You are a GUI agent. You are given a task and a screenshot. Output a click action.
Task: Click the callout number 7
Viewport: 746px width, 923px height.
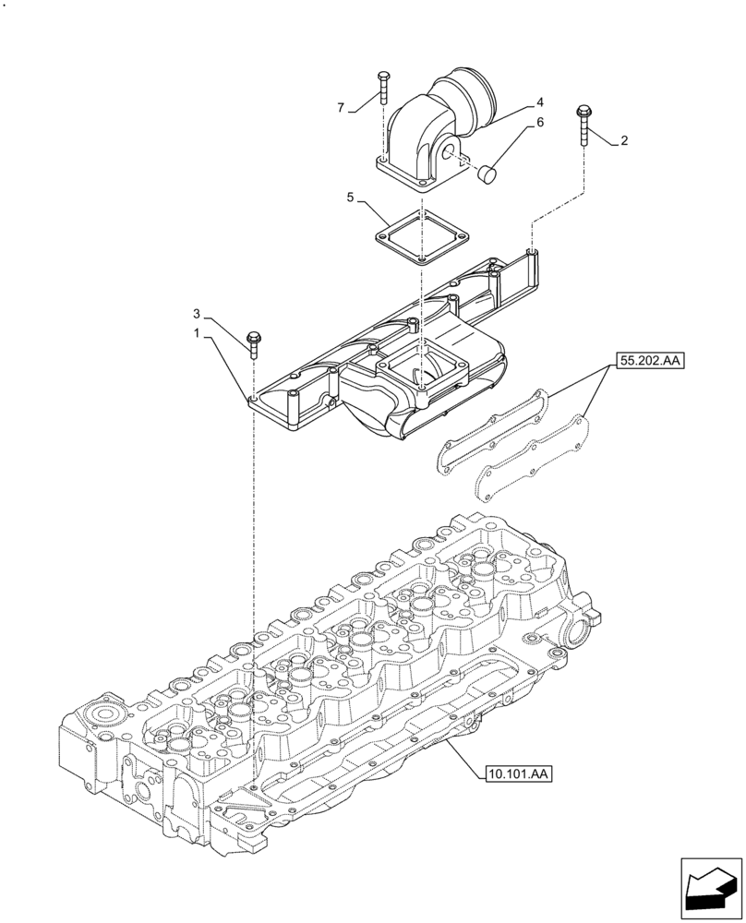pos(341,109)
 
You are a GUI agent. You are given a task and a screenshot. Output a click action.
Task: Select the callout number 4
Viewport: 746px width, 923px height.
pos(540,102)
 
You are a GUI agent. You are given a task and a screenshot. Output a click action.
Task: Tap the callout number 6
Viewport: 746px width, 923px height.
pos(540,123)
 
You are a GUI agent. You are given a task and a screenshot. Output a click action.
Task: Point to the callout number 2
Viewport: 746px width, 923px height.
pos(624,141)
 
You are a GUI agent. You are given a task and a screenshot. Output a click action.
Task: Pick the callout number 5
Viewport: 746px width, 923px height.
pos(351,198)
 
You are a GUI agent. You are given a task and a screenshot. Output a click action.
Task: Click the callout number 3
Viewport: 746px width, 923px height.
pos(197,313)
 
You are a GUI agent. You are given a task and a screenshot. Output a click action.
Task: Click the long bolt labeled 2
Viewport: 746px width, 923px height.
pos(584,126)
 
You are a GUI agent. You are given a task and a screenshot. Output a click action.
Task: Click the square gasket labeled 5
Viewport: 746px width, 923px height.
pos(420,237)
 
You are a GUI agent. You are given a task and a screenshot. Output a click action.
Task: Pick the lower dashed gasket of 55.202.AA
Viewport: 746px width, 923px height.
pos(531,459)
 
